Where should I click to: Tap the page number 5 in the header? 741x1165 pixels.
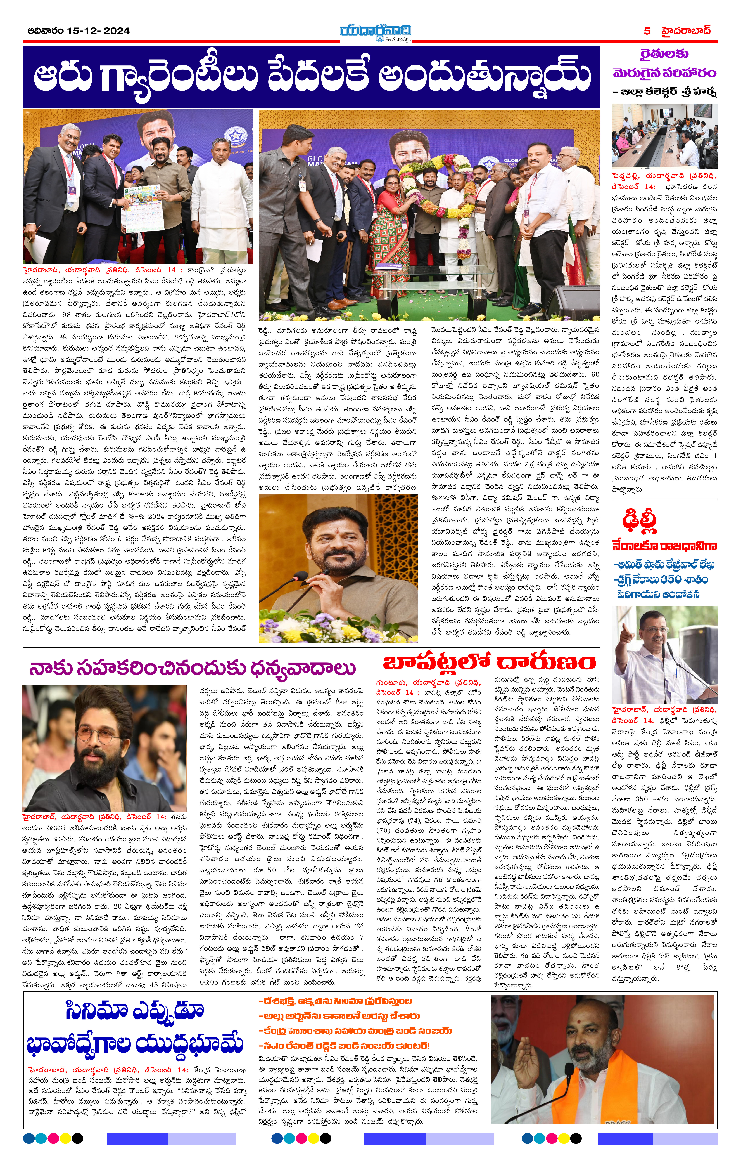point(647,31)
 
